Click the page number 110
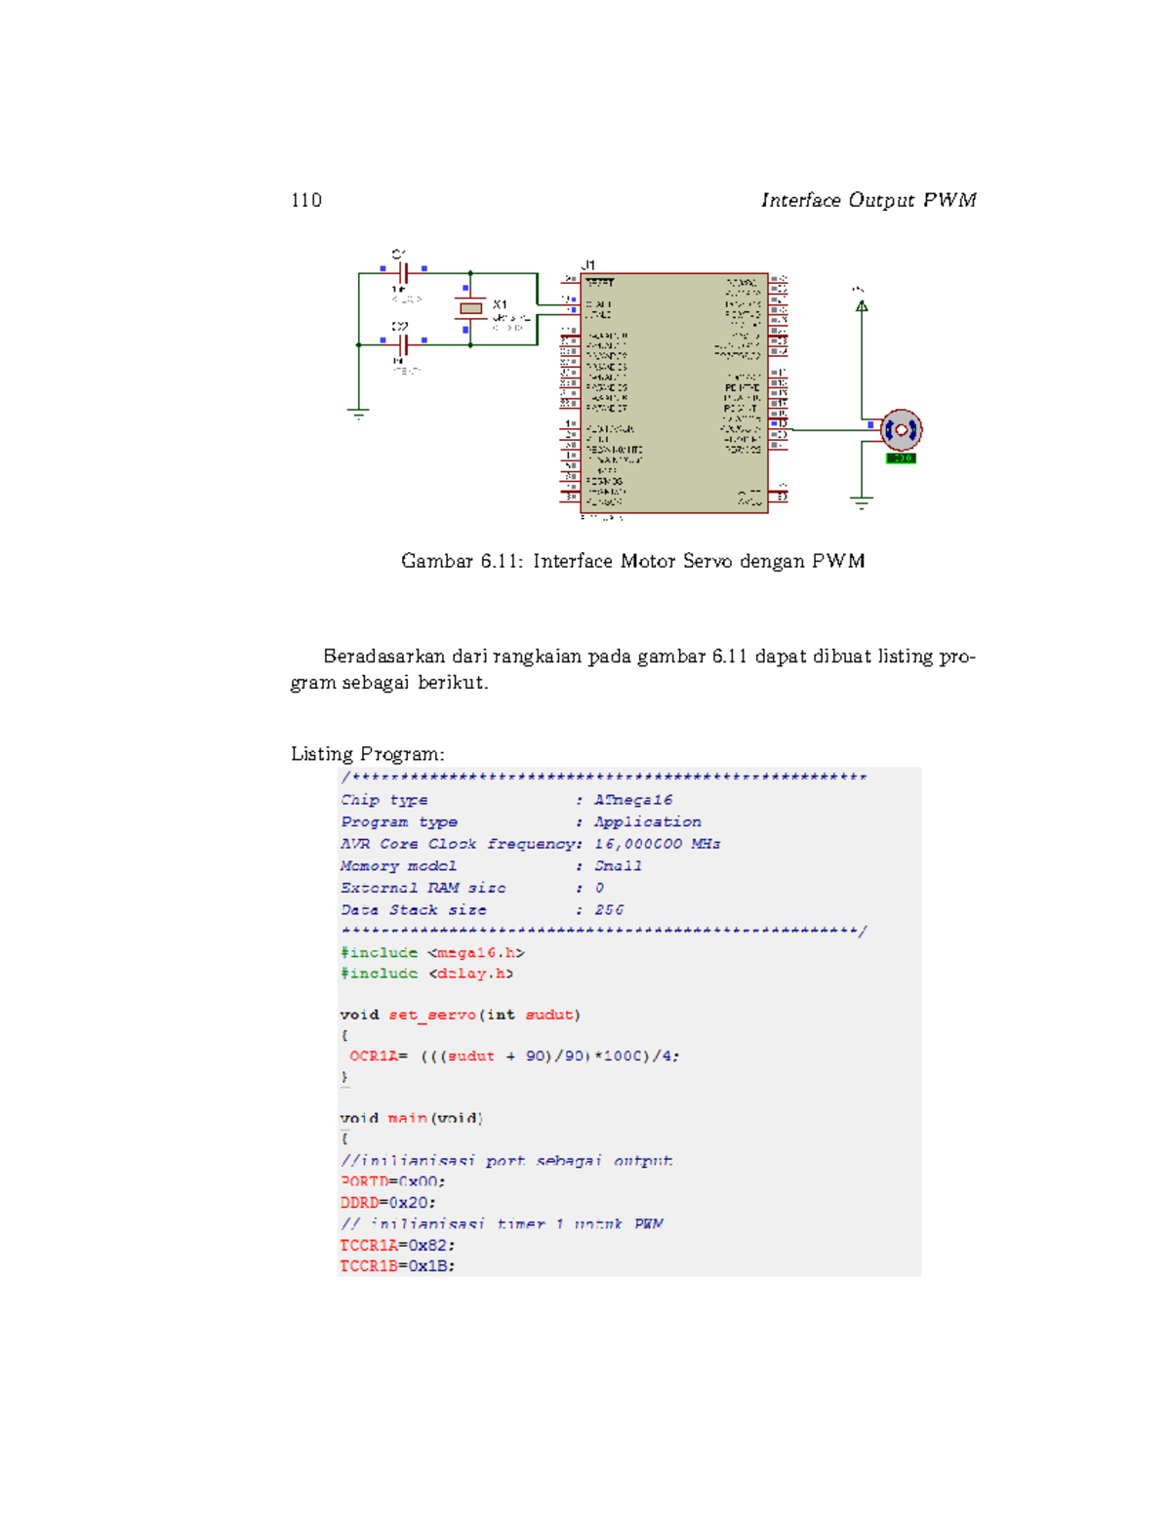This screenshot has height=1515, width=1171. pos(305,200)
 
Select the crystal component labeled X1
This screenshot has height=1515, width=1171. pos(470,308)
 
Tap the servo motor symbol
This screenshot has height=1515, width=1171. pos(901,429)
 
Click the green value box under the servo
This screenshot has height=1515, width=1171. pos(901,458)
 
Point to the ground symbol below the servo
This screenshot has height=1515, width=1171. pos(861,502)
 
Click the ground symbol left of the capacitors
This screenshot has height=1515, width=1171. pos(359,414)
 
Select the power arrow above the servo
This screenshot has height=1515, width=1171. pos(861,305)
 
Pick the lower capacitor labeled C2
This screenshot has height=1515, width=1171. pos(402,344)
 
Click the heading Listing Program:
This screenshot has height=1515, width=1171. pos(367,754)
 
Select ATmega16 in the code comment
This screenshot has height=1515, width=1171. pos(632,800)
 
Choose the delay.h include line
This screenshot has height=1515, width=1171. pos(426,974)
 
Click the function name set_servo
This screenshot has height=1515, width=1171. pos(431,1015)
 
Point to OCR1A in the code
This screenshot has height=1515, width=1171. pos(373,1056)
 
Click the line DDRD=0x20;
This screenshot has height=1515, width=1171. pos(387,1203)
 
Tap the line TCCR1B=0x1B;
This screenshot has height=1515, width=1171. pos(397,1266)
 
